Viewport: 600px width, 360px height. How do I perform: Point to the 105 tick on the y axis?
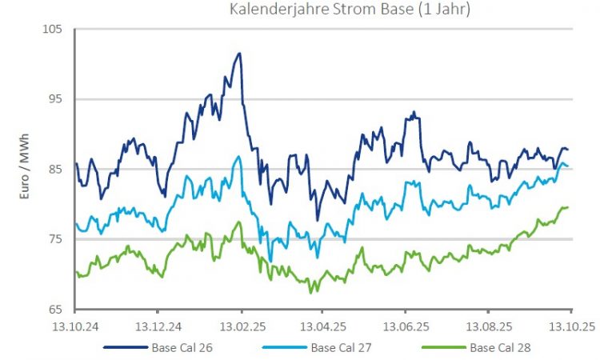coord(52,30)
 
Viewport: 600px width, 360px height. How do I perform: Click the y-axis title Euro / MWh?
coord(24,170)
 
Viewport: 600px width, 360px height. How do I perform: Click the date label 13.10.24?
coord(74,326)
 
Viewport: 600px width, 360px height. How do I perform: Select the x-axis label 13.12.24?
coord(158,326)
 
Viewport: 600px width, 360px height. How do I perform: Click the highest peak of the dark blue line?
coord(239,54)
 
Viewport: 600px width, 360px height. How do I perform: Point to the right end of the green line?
coord(568,207)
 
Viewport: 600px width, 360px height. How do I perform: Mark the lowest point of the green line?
coord(310,293)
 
